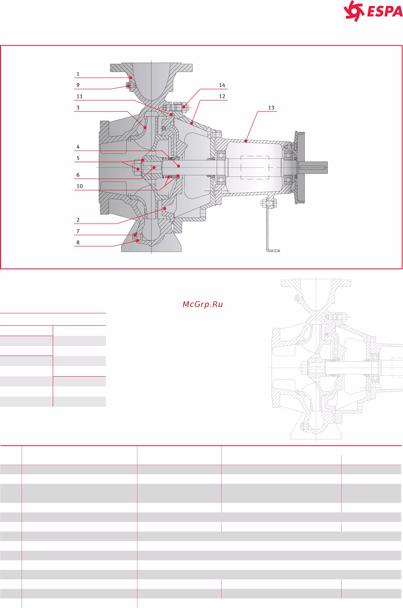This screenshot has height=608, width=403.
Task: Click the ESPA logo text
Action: (385, 12)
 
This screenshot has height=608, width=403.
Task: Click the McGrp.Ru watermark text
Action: (203, 304)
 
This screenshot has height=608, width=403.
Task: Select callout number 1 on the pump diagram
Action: (78, 74)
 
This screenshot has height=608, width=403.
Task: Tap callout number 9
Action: (78, 85)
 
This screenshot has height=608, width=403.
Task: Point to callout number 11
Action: (79, 96)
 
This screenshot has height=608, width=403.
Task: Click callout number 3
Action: (78, 108)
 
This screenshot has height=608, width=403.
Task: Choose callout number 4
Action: (78, 147)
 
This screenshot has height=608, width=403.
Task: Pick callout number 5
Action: (78, 158)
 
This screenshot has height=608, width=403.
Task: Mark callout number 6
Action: (78, 175)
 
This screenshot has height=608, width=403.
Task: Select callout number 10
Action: (79, 186)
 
